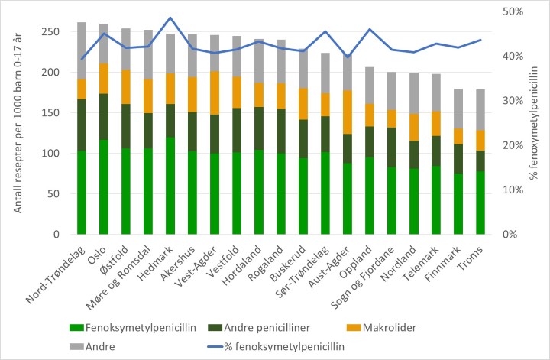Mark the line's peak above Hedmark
[x=170, y=18]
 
